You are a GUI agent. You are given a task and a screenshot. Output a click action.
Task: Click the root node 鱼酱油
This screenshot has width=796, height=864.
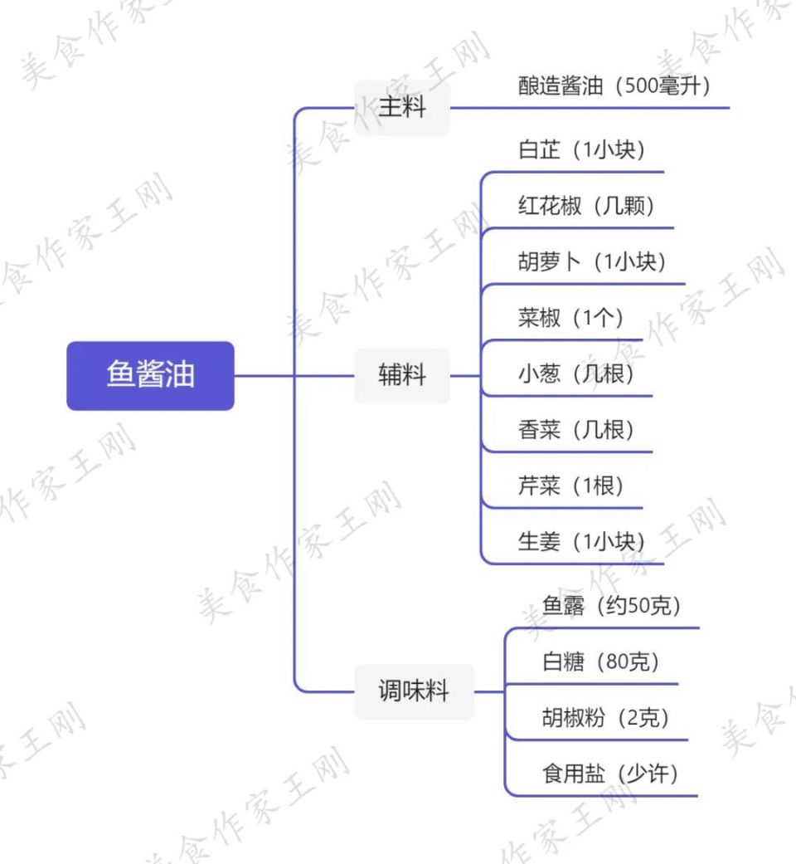(x=150, y=375)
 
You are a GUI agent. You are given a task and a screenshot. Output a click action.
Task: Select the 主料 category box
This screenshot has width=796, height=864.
(x=402, y=108)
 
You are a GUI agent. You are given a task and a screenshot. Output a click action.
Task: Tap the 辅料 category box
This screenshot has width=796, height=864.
(x=402, y=375)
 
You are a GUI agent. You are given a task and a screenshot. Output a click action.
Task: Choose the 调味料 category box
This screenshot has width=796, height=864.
(x=414, y=691)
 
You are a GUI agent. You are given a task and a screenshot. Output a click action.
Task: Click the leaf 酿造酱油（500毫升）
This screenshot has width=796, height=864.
(x=614, y=87)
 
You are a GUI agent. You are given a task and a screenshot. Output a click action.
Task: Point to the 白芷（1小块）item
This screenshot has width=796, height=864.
(x=581, y=150)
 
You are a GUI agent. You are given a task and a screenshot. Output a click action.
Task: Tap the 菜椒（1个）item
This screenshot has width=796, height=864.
(x=570, y=318)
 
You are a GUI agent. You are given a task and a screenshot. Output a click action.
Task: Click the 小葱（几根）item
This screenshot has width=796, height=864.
(x=575, y=374)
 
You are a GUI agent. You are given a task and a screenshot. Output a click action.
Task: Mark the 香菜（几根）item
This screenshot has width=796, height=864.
(x=575, y=430)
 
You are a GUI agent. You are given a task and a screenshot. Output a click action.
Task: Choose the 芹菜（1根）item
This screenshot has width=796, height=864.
(x=570, y=486)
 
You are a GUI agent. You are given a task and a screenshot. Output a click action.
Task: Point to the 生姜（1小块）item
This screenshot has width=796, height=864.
(x=581, y=542)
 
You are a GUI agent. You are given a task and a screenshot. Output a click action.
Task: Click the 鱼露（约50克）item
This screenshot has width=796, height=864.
(x=612, y=607)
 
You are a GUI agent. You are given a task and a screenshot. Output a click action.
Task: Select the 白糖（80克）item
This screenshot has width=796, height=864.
(x=600, y=662)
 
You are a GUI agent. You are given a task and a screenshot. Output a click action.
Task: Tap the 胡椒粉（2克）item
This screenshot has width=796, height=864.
(x=605, y=718)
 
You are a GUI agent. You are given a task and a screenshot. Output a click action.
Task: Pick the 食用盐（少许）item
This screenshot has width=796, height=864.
(x=610, y=774)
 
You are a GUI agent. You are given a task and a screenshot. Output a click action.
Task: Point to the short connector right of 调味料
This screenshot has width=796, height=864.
(x=489, y=691)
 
